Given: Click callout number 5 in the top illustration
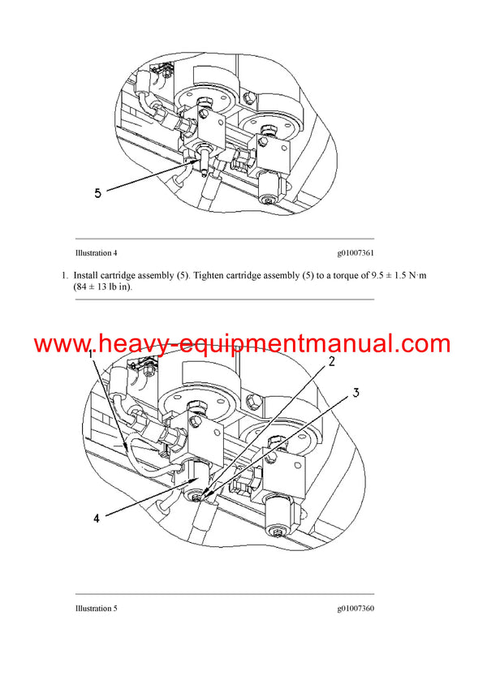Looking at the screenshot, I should pos(97,193).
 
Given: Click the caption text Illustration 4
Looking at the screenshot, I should pos(96,253).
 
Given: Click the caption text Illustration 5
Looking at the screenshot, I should pos(96,609).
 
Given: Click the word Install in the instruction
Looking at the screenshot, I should pos(85,276).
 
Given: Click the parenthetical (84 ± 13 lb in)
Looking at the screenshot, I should pos(107,287).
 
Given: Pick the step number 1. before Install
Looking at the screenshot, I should pos(65,276).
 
